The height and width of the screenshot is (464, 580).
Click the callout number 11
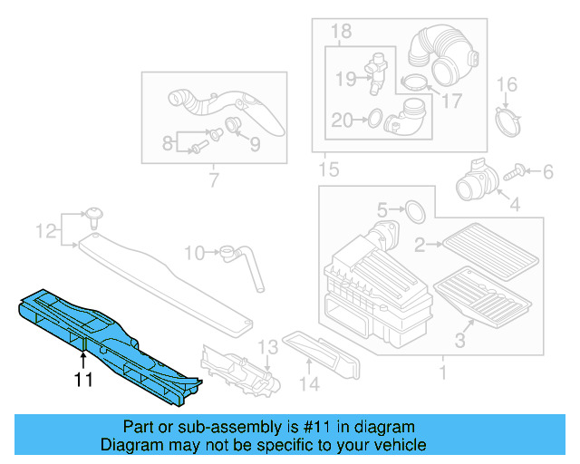coord(83,380)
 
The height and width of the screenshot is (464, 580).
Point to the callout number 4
coord(514,205)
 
